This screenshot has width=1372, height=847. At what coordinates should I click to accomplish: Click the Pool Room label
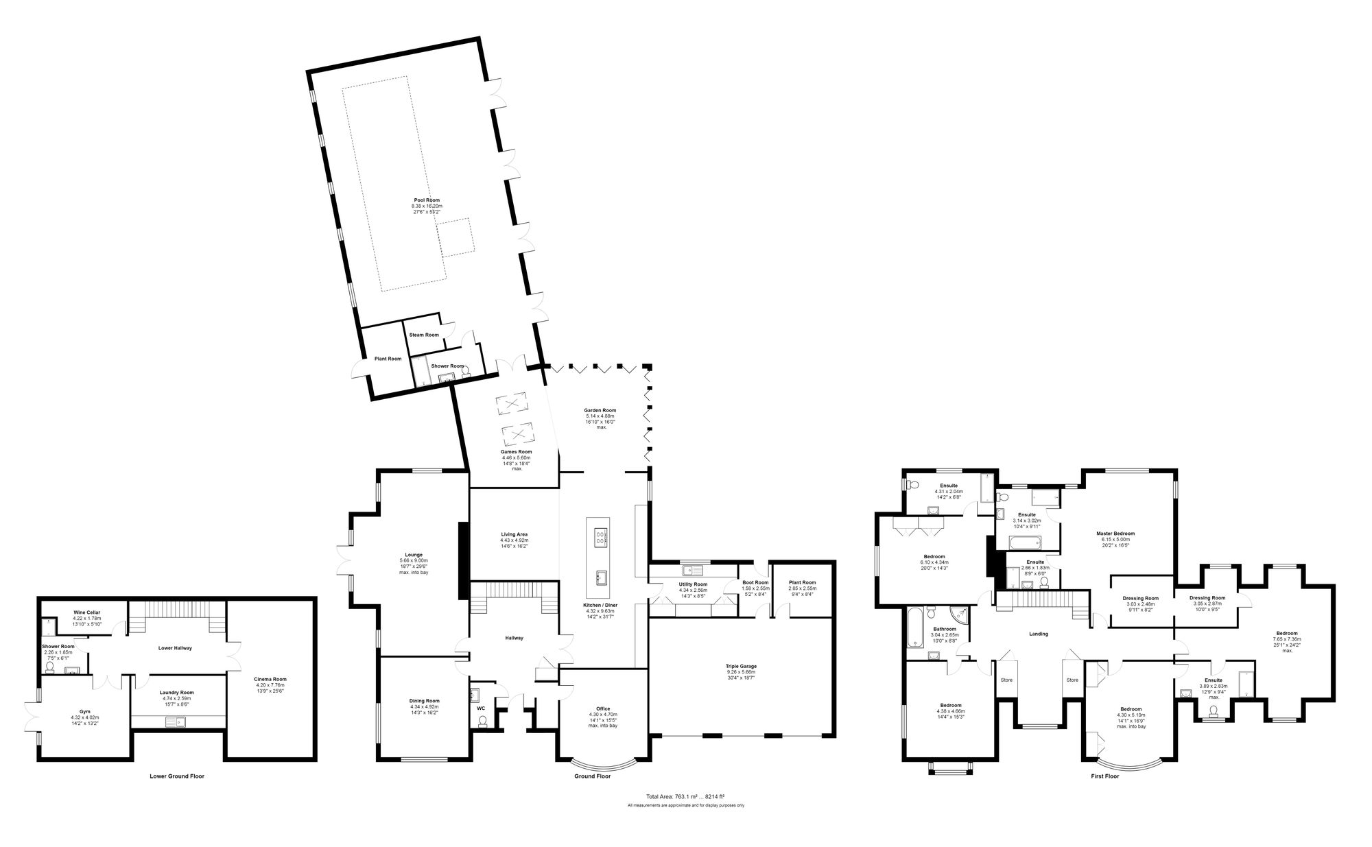tap(427, 200)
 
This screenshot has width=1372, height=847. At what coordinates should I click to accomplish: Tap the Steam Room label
tap(424, 335)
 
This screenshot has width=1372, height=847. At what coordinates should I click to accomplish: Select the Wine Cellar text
tap(86, 612)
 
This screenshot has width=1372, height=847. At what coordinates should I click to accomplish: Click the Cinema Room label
tap(270, 679)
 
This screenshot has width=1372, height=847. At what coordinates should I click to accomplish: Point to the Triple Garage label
tap(741, 666)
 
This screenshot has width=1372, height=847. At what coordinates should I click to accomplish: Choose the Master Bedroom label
tap(1115, 534)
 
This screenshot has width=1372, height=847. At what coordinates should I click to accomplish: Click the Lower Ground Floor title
tap(177, 776)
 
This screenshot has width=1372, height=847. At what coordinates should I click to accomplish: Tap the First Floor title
tap(1104, 776)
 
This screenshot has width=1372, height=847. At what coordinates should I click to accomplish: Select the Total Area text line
tap(685, 796)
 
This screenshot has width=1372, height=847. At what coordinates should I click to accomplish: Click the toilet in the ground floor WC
tap(482, 721)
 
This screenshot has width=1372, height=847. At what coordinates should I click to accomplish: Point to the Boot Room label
tap(755, 583)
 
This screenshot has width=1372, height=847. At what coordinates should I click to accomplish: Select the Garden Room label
tap(600, 410)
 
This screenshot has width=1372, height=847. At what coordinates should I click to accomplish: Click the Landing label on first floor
tap(1039, 634)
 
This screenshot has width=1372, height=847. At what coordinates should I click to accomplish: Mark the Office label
tap(603, 708)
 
